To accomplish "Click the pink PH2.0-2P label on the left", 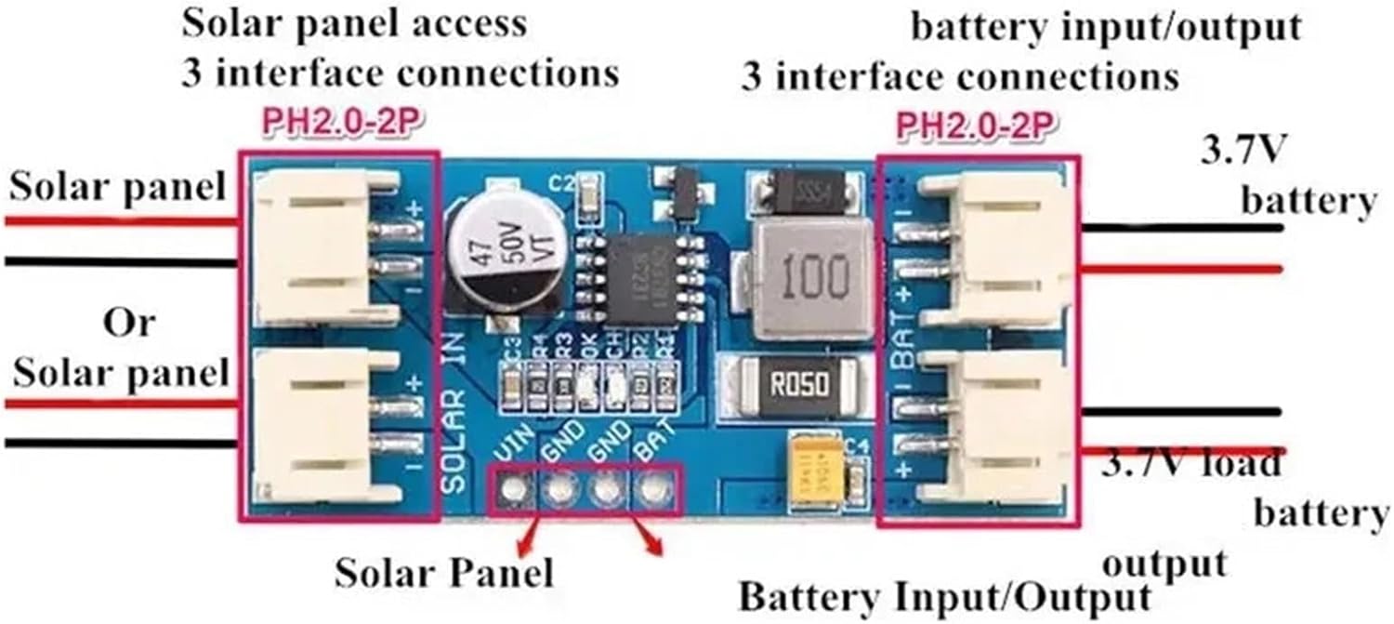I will click(338, 125).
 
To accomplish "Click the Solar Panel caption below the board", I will click(444, 572).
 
